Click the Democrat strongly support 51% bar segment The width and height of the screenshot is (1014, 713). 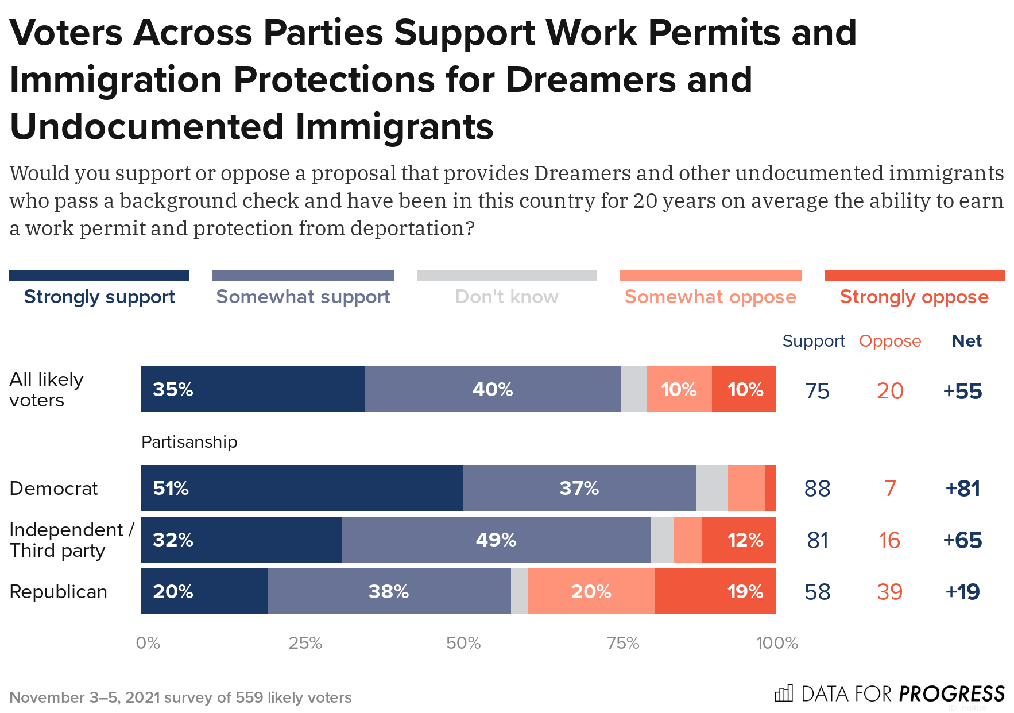pyautogui.click(x=301, y=488)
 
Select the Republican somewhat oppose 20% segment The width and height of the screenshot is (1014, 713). pyautogui.click(x=591, y=591)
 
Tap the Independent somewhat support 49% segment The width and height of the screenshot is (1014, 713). pyautogui.click(x=496, y=540)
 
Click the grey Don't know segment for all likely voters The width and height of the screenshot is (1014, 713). pyautogui.click(x=633, y=389)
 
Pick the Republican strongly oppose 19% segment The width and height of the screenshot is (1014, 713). pyautogui.click(x=715, y=591)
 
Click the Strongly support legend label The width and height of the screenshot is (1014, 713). pyautogui.click(x=99, y=297)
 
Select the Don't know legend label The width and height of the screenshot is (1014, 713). pyautogui.click(x=506, y=297)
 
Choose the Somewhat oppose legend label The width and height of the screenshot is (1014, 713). pyautogui.click(x=710, y=297)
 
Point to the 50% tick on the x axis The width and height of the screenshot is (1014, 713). pyautogui.click(x=463, y=643)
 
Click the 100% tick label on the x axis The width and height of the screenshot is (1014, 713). pyautogui.click(x=777, y=643)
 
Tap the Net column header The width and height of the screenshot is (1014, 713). pyautogui.click(x=966, y=341)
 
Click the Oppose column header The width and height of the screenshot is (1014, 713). pyautogui.click(x=889, y=341)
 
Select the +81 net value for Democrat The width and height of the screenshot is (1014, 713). pyautogui.click(x=963, y=489)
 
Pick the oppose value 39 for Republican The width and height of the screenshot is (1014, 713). pyautogui.click(x=889, y=592)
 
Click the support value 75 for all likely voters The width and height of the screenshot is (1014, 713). pyautogui.click(x=817, y=391)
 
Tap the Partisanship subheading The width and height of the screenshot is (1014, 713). pyautogui.click(x=189, y=442)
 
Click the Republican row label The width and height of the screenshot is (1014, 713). pyautogui.click(x=59, y=591)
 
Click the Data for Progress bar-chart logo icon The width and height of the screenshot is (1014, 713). pyautogui.click(x=784, y=693)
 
